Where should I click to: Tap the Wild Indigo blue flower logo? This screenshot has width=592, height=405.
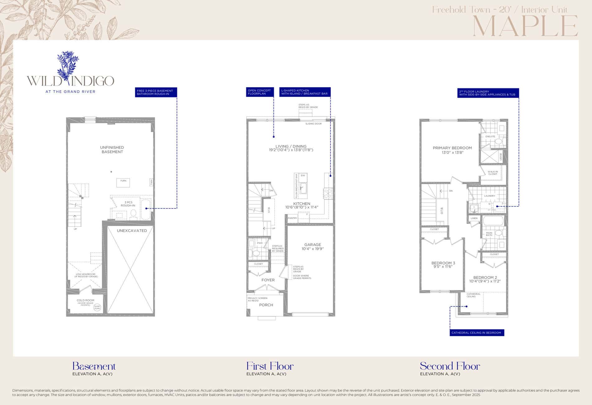(x=68, y=67)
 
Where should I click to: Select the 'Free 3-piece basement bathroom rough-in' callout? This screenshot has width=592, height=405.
(x=156, y=92)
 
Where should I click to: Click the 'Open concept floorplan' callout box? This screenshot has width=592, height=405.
(x=260, y=92)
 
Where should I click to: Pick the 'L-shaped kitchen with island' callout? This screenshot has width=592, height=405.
(x=304, y=92)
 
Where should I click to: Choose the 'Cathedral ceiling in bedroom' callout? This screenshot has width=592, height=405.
(x=476, y=333)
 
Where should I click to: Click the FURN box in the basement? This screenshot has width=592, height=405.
(x=123, y=183)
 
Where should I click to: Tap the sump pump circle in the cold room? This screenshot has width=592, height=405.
(x=98, y=307)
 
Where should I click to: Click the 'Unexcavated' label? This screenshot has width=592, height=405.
(x=132, y=231)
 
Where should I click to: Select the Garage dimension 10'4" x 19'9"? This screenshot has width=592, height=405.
(x=313, y=249)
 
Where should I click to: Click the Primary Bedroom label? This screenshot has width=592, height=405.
(x=452, y=148)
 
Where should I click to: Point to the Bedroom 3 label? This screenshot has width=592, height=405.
(x=443, y=263)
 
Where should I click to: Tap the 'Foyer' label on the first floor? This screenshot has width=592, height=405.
(x=268, y=280)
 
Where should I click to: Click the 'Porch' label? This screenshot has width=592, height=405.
(x=266, y=305)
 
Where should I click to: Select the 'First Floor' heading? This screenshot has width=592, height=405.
(x=270, y=366)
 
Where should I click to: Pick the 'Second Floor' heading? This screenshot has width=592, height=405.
(x=450, y=366)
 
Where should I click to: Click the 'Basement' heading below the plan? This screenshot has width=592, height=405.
(x=94, y=366)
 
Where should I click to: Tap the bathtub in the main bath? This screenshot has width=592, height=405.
(x=493, y=221)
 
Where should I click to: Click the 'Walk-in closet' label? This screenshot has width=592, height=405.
(x=493, y=173)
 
